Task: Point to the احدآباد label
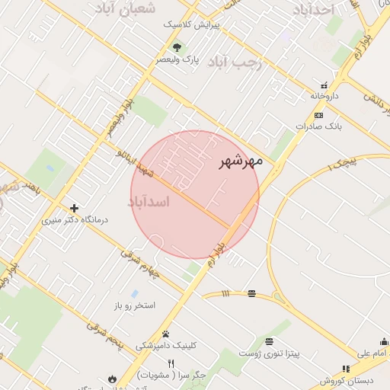314,10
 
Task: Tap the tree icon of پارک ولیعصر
177,47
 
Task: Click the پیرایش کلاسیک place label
193,24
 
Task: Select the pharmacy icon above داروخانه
324,85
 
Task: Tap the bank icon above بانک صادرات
318,115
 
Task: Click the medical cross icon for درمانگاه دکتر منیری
74,208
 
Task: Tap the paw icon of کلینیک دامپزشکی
165,334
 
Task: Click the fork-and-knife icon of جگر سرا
171,363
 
